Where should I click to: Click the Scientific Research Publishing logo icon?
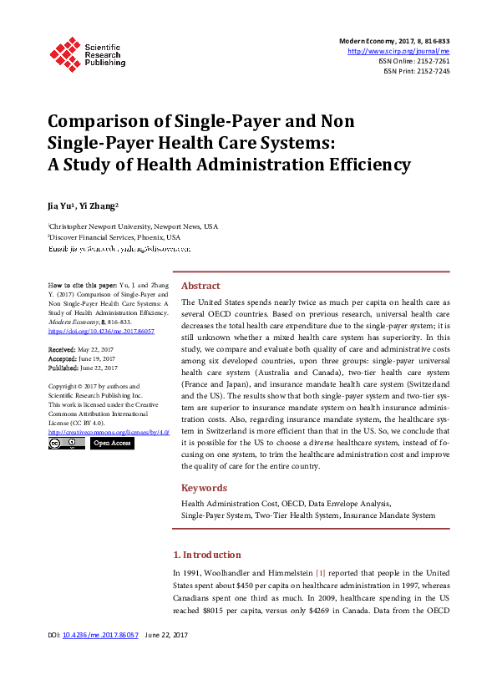63,53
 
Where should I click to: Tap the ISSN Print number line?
417,71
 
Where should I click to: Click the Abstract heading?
200,285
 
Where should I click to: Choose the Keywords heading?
204,488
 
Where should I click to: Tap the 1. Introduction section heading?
206,555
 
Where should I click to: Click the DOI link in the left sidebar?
90,331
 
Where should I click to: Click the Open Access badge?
111,443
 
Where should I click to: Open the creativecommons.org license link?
109,432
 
